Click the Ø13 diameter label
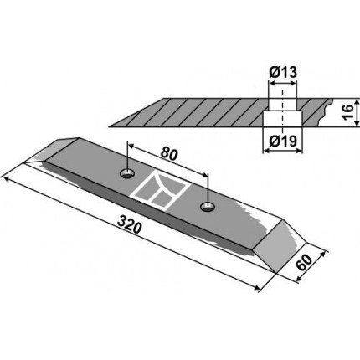tap(283, 73)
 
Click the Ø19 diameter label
tap(283, 141)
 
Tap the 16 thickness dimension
tap(347, 112)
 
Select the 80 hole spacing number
tap(169, 154)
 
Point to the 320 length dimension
tap(129, 224)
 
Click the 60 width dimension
tap(304, 263)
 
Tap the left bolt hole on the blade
tap(127, 174)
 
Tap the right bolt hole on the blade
tap(208, 207)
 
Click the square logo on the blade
tap(162, 191)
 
